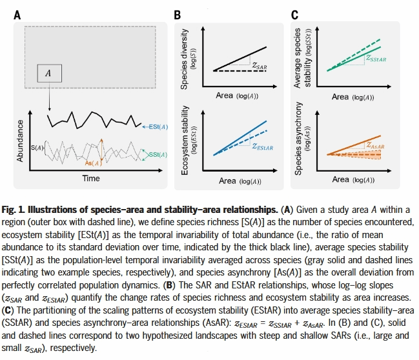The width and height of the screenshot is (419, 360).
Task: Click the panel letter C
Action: (x=294, y=14)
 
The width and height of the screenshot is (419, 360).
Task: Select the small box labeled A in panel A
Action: (x=48, y=74)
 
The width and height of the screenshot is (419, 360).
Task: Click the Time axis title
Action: (x=91, y=177)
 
